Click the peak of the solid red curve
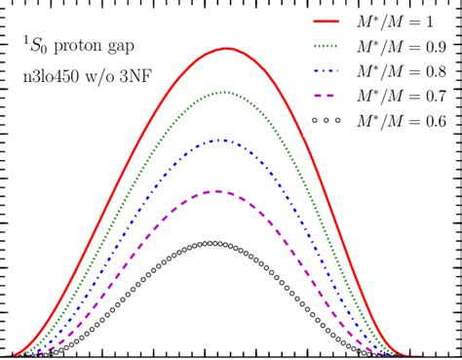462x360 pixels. pyautogui.click(x=226, y=48)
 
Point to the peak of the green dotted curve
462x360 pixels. pyautogui.click(x=224, y=92)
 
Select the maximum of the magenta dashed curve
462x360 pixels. pyautogui.click(x=219, y=191)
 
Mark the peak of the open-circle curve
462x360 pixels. pyautogui.click(x=216, y=243)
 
